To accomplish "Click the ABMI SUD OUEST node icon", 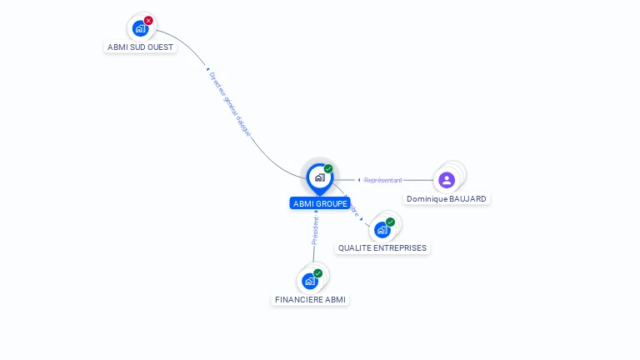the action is pos(140,27).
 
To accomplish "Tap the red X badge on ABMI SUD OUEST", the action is pos(148,20).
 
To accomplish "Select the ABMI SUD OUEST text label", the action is pos(141,47).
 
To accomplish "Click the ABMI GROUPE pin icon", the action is pos(319,177).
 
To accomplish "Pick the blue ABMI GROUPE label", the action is pos(320,203).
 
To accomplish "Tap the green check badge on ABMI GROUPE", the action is pos(328,168).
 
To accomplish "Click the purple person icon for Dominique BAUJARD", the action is pos(447,179).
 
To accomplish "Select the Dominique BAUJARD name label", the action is pos(447,199).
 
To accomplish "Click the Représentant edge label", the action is pos(382,180).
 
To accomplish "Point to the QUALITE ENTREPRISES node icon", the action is pos(382,229).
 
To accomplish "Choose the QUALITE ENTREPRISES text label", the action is pos(382,248).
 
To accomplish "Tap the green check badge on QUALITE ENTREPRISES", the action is pos(390,222).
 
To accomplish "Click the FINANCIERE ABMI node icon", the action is pos(310,281).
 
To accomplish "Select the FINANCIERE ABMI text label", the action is pos(310,299).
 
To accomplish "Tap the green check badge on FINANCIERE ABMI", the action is pos(317,273).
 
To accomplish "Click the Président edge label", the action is pos(315,231).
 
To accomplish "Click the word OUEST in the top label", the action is pos(159,47).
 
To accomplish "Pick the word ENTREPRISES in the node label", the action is pos(402,248).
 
